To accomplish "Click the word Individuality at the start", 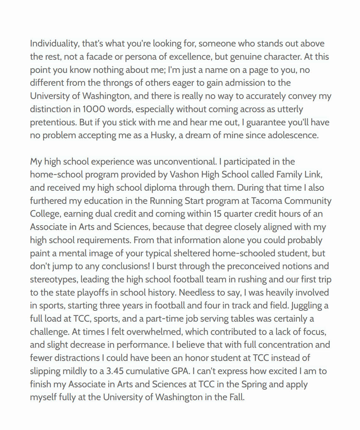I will [x=54, y=44].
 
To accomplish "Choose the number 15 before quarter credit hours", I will [x=218, y=214].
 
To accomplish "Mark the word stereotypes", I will [x=53, y=280].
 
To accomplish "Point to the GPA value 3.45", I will [x=115, y=371].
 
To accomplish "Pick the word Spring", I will [x=253, y=384].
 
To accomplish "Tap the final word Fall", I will [x=237, y=397].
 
